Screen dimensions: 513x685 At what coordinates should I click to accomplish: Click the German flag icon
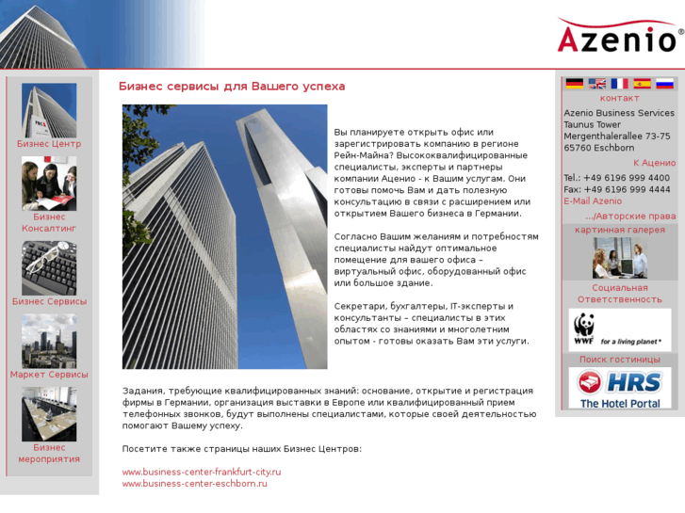[x=574, y=83]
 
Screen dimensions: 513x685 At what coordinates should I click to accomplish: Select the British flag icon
[x=597, y=83]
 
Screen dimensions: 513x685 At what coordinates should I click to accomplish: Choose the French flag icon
[x=619, y=83]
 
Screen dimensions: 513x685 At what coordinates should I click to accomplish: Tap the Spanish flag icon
[x=643, y=83]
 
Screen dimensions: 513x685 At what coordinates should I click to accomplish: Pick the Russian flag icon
[x=665, y=83]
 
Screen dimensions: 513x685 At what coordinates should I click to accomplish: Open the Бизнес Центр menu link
[x=49, y=144]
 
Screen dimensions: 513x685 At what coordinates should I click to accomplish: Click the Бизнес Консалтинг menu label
[x=49, y=222]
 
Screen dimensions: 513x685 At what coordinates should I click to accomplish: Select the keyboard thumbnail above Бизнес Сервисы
[x=49, y=268]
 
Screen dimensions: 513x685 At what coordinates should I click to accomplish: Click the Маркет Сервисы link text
[x=49, y=375]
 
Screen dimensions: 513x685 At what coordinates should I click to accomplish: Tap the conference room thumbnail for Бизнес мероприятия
[x=49, y=414]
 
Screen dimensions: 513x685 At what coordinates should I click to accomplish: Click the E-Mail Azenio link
[x=593, y=201]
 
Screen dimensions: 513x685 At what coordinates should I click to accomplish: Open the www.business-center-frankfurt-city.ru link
[x=202, y=472]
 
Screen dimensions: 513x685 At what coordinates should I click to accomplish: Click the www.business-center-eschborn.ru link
[x=195, y=484]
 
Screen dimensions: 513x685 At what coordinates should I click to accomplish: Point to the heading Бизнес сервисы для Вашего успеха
[x=232, y=87]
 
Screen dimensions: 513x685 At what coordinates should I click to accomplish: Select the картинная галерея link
[x=620, y=230]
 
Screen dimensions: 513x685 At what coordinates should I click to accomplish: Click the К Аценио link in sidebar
[x=654, y=163]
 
